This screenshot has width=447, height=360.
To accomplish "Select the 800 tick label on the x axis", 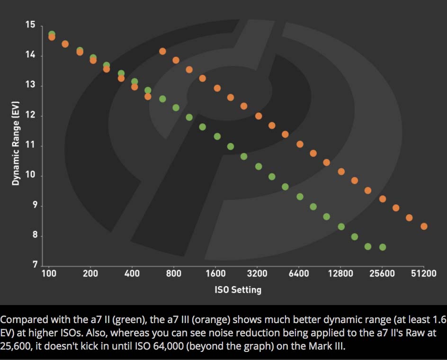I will (174, 274).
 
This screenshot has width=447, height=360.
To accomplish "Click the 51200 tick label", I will (424, 274).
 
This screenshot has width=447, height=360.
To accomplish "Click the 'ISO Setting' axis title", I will (238, 289).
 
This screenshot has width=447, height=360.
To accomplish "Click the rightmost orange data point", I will (424, 226).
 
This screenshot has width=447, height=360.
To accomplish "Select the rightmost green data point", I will (382, 247).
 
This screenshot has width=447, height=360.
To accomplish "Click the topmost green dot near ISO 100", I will (52, 34).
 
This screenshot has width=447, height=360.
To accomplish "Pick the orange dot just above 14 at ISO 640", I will (162, 51).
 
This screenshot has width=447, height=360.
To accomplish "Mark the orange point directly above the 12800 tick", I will (341, 171).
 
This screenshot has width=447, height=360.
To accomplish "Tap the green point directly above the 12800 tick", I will (341, 226).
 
